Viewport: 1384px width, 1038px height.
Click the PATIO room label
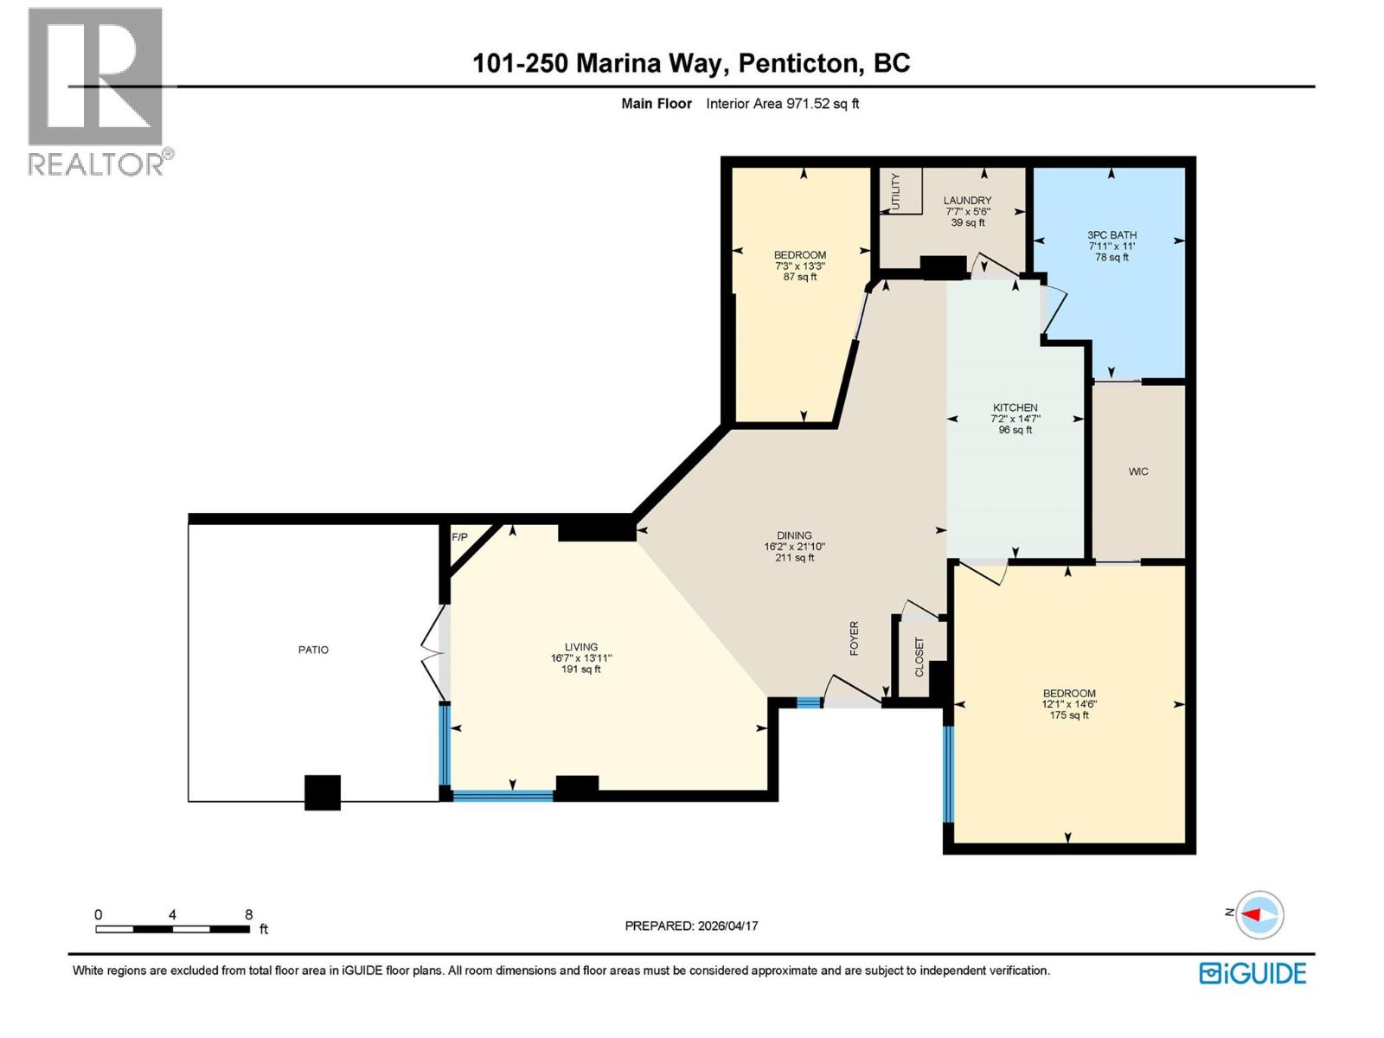click(313, 650)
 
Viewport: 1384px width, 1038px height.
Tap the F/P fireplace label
click(459, 537)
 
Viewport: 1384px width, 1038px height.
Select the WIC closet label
click(1138, 471)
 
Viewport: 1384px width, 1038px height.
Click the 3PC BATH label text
click(1112, 234)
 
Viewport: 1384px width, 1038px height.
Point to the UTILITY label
click(895, 190)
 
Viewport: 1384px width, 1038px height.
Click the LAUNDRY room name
click(967, 200)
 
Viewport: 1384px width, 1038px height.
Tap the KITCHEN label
click(1015, 407)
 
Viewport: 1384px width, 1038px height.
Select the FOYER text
click(855, 638)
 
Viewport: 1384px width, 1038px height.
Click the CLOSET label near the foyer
click(919, 657)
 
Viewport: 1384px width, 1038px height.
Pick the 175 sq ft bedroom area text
click(1069, 715)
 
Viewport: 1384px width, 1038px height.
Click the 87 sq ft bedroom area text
click(800, 277)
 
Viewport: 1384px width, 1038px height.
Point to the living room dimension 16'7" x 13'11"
click(581, 658)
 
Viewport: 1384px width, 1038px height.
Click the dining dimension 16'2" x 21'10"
click(794, 547)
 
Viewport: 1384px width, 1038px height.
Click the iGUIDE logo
click(1253, 973)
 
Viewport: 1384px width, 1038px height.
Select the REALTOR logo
click(97, 91)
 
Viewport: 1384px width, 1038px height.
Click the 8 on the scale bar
click(248, 914)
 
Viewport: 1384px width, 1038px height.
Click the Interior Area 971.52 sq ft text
click(782, 104)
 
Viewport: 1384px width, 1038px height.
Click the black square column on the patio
click(323, 792)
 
